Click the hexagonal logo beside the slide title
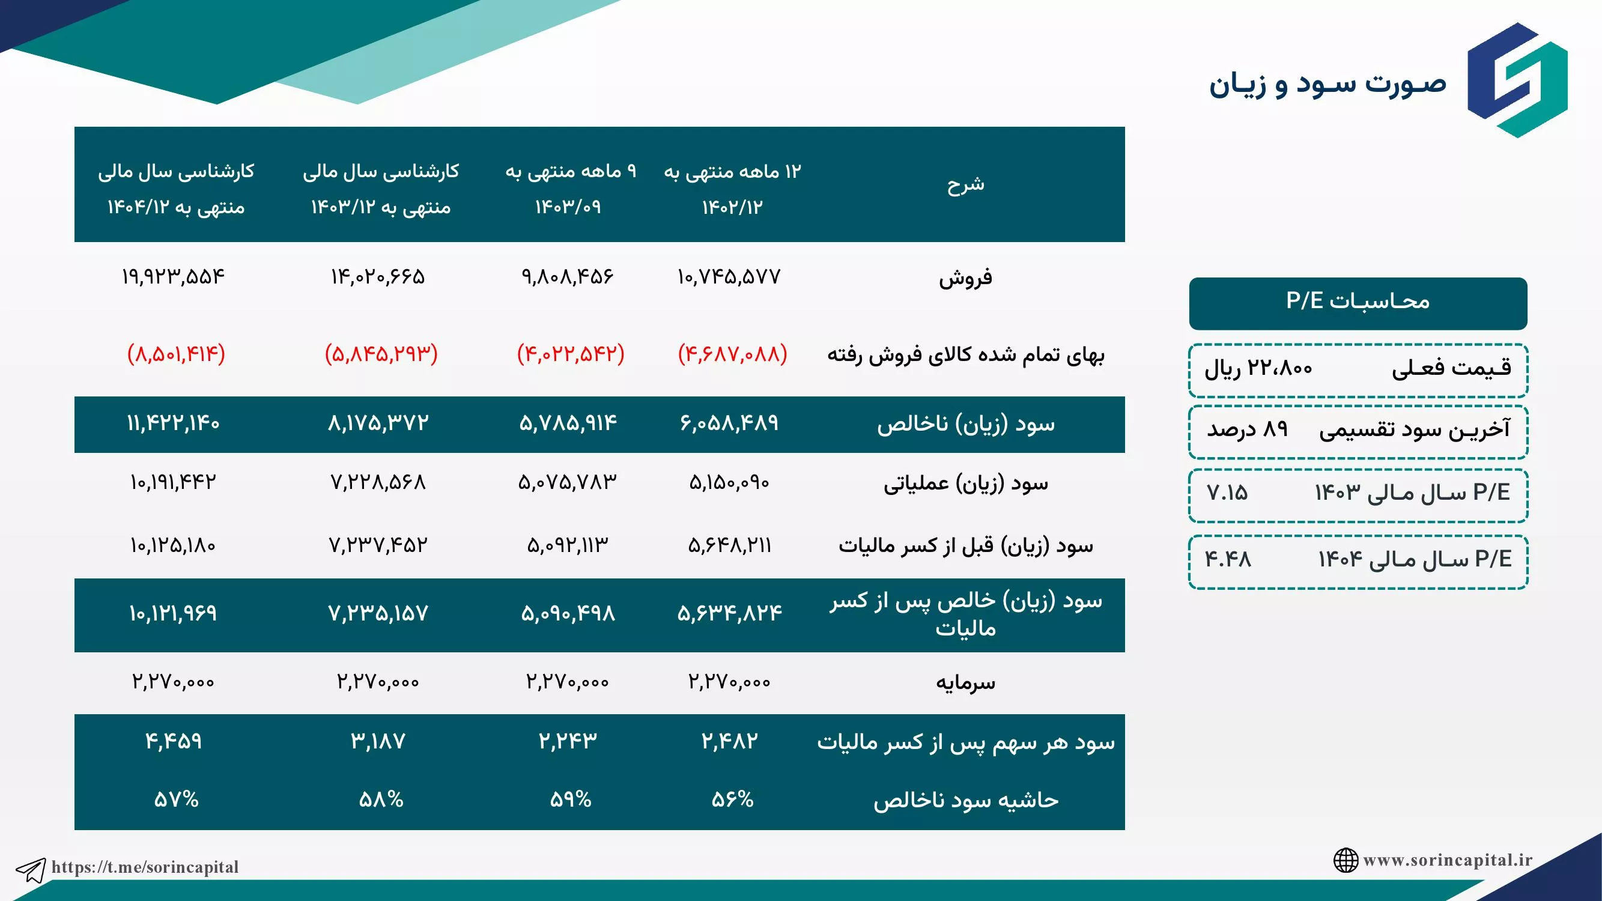tap(1517, 80)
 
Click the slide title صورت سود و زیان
tap(1327, 84)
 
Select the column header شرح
tap(966, 184)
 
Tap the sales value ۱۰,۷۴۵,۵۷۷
tap(729, 277)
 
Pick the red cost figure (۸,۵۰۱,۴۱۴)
tap(176, 354)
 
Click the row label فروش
tap(966, 278)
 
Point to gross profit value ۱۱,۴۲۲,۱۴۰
tap(173, 423)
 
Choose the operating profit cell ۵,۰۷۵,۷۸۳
tap(567, 482)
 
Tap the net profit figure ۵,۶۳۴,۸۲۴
tap(729, 614)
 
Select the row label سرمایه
tap(966, 683)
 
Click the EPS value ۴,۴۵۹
tap(174, 741)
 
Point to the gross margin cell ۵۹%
tap(570, 799)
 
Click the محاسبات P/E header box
tap(1358, 303)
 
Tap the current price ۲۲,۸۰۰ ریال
tap(1258, 369)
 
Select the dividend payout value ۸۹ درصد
tap(1247, 429)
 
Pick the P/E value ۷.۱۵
tap(1227, 493)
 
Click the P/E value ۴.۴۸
tap(1228, 559)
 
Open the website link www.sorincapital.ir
tap(1447, 860)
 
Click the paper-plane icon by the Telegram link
tap(31, 870)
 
